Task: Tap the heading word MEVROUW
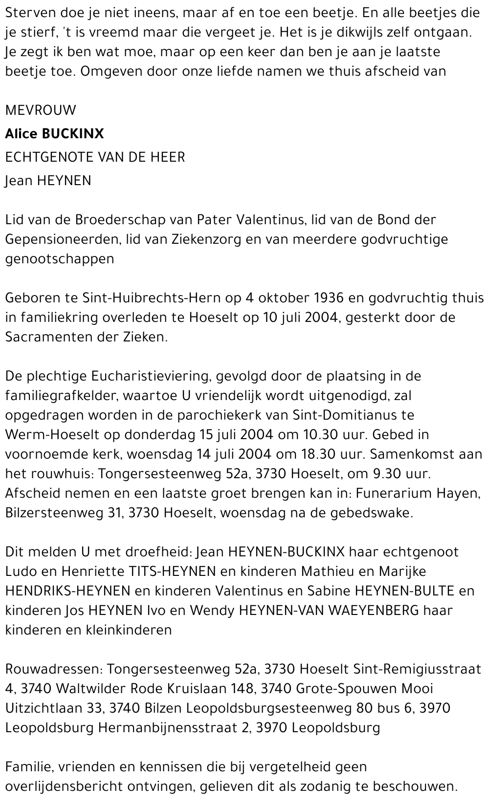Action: coord(41,110)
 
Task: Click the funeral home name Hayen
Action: coord(460,493)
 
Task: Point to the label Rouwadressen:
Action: coord(53,669)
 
